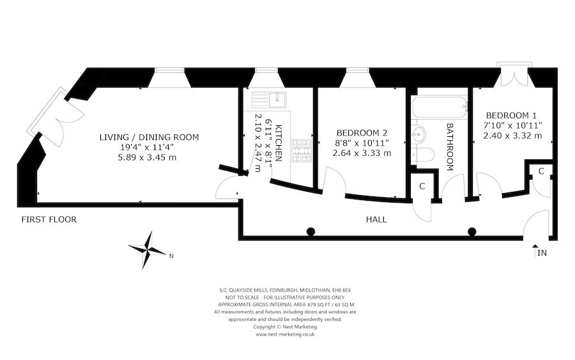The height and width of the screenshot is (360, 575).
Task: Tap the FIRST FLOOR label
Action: click(49, 220)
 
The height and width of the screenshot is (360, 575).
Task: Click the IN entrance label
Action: click(542, 253)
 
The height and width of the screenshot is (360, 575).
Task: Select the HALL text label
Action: click(376, 219)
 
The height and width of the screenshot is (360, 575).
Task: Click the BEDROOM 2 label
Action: click(363, 133)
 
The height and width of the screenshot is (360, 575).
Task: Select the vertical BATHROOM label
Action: click(450, 147)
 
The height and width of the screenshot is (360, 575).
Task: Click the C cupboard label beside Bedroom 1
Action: click(540, 171)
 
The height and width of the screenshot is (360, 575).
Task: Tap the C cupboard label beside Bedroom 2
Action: click(422, 186)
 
